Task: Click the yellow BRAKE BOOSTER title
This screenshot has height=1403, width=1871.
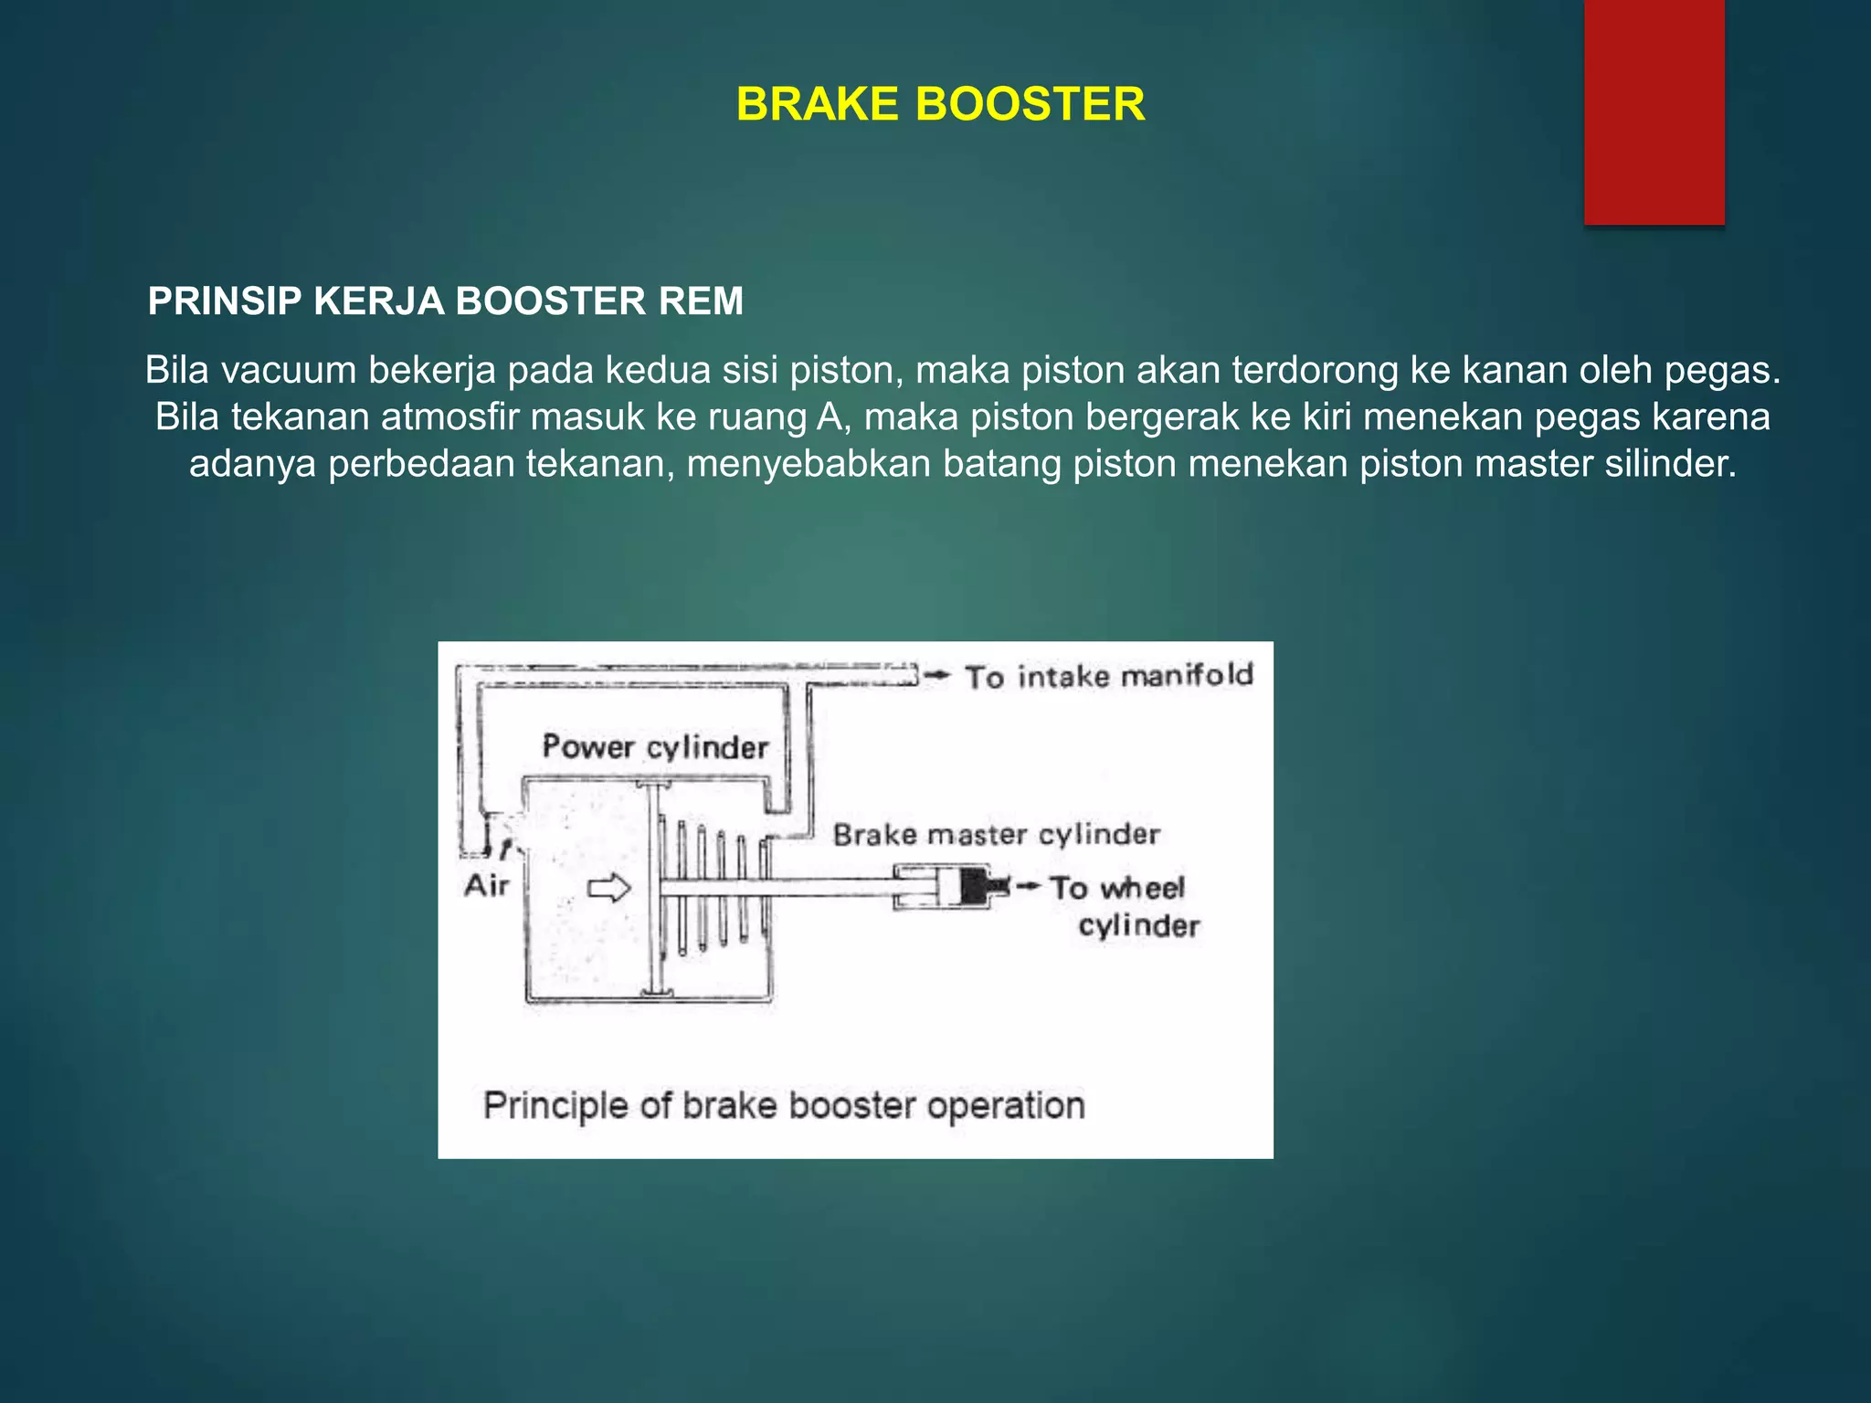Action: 940,104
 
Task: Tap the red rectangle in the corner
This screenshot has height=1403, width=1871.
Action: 1654,111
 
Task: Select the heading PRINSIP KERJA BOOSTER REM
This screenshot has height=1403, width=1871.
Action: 446,301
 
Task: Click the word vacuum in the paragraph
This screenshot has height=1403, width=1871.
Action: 294,370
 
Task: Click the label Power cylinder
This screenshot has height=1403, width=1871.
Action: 654,747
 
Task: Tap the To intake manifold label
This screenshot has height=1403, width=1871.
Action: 1109,676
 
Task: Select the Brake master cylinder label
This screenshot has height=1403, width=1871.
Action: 996,834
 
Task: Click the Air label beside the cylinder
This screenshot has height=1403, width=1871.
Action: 486,885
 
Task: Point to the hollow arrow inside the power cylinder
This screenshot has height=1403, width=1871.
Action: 608,888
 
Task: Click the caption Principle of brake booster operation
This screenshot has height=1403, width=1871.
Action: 784,1105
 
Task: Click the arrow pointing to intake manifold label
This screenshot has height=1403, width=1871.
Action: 937,675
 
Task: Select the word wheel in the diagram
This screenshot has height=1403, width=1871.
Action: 1142,888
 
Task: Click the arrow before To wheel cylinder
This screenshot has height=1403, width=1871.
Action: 1027,886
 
